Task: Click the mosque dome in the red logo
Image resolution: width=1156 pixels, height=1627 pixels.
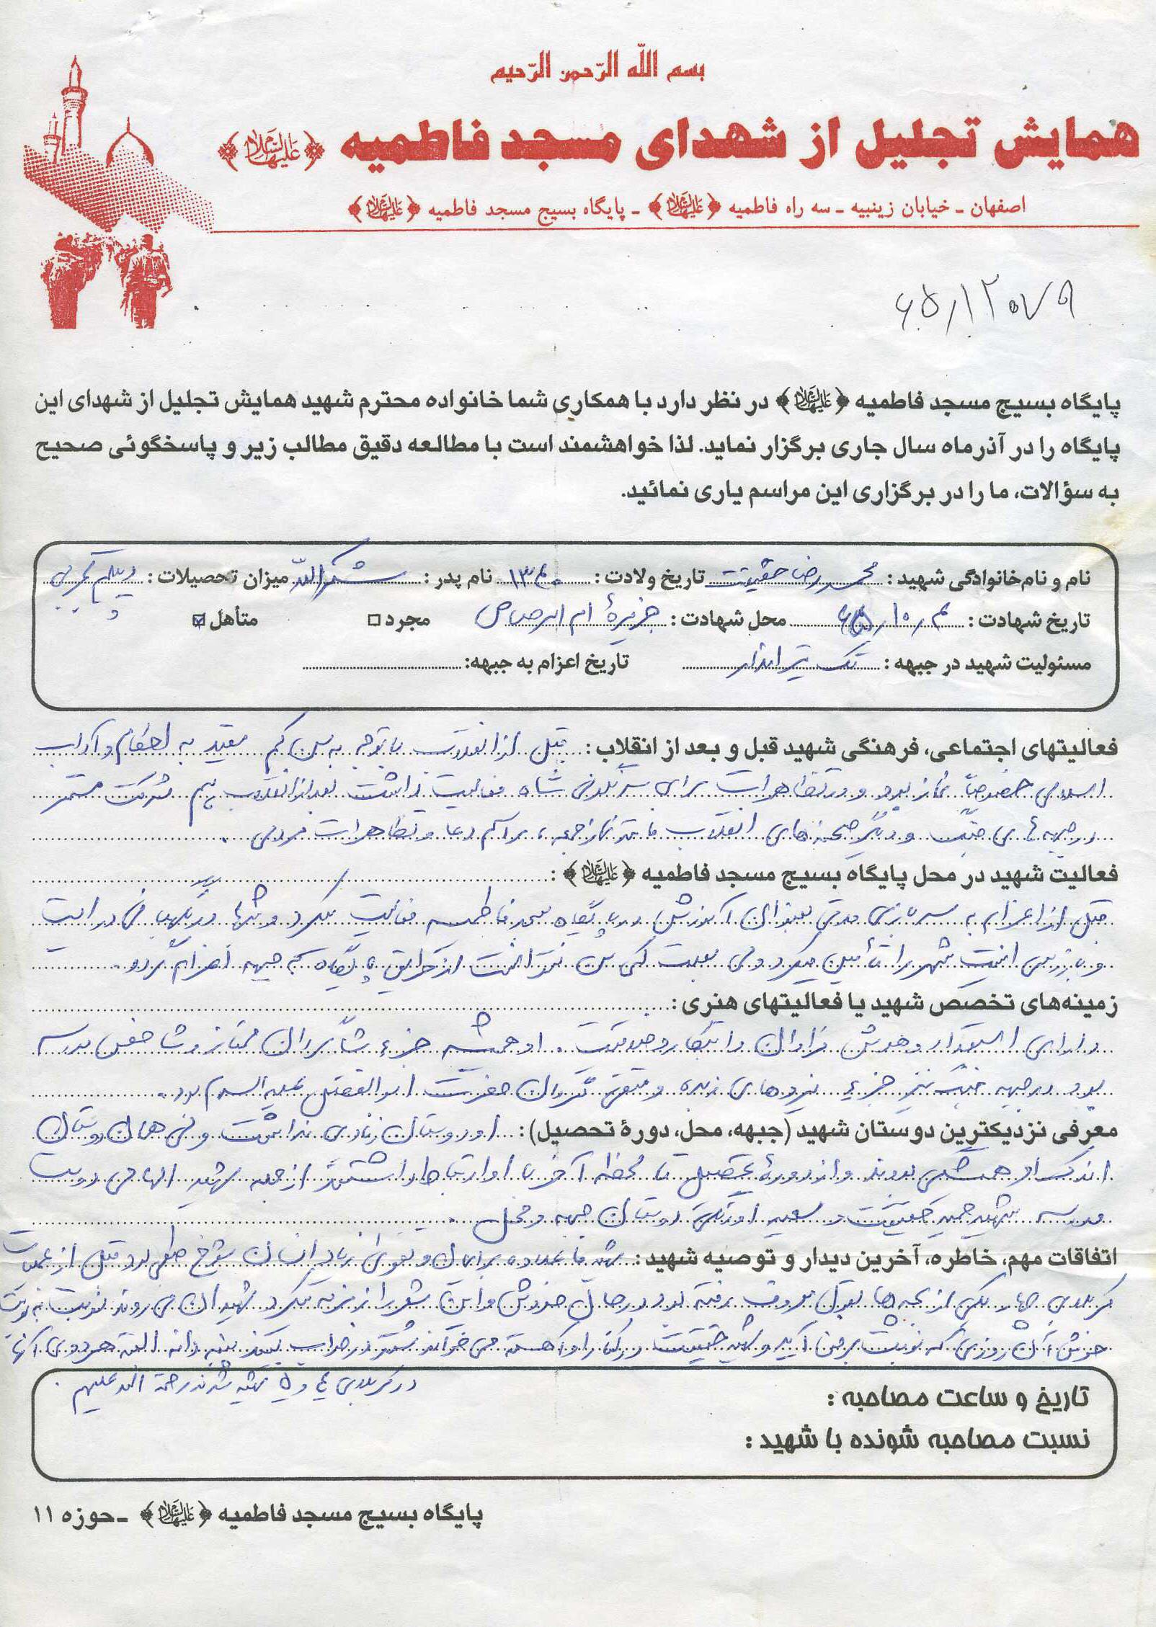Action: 130,144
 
